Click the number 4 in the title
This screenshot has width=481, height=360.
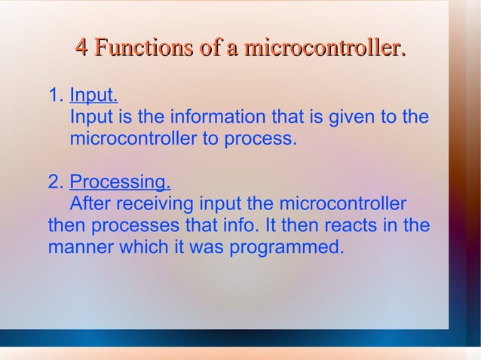83,50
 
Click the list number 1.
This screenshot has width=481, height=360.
54,96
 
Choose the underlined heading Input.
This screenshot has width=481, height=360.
93,96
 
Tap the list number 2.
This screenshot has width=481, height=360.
54,183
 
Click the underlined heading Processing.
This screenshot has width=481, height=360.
120,183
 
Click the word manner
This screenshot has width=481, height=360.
80,248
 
